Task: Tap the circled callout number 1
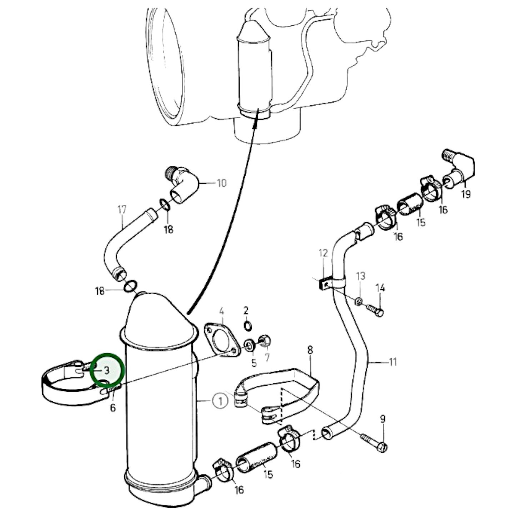coord(220,401)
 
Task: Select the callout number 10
coord(221,183)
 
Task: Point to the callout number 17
coord(122,210)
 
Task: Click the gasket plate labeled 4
coord(221,339)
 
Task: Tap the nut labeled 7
coord(265,341)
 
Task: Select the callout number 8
coord(310,350)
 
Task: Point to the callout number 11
coord(392,362)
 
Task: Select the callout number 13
coord(361,276)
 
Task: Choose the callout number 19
coord(466,194)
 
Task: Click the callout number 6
coord(113,407)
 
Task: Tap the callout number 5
coord(254,363)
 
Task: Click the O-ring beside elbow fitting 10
coord(164,205)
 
